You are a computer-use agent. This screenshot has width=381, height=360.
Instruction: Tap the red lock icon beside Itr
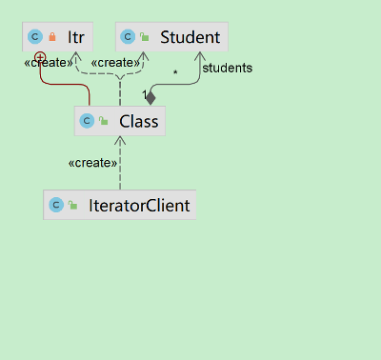[x=53, y=38]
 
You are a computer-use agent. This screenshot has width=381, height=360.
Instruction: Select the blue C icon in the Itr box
[x=36, y=38]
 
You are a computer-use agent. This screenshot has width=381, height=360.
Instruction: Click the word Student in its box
[x=190, y=38]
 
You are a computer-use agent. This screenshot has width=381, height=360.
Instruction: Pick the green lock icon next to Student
[x=145, y=38]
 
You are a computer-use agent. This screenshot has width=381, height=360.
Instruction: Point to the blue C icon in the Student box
[x=129, y=38]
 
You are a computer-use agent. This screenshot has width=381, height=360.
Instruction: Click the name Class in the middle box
[x=139, y=121]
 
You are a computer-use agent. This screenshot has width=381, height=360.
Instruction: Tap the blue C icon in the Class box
[x=87, y=121]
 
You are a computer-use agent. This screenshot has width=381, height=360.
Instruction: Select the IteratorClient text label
[x=139, y=205]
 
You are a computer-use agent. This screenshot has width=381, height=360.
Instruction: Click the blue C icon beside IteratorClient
[x=56, y=205]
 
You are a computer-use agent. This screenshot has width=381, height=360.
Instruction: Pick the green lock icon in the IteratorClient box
[x=72, y=205]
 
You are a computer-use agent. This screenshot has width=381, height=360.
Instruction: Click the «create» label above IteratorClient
[x=92, y=163]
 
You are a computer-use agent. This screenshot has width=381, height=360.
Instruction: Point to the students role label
[x=227, y=68]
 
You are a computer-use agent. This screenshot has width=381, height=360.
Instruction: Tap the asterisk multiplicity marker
[x=174, y=73]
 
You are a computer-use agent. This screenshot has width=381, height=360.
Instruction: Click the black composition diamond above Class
[x=150, y=97]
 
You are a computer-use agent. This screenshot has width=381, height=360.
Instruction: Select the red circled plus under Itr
[x=40, y=59]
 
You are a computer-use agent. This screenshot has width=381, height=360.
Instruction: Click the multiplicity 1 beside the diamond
[x=144, y=95]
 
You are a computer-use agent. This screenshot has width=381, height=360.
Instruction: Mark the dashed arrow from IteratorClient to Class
[x=120, y=171]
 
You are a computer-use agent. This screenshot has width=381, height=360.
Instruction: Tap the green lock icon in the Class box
[x=103, y=121]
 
